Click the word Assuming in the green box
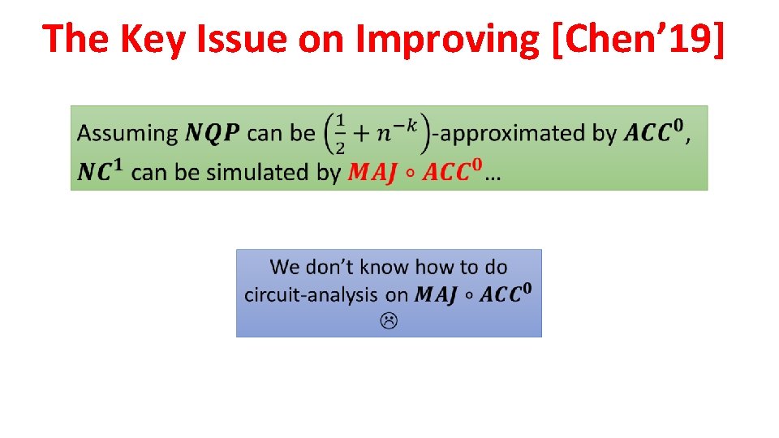128,134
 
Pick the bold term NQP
213,134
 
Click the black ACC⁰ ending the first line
653,132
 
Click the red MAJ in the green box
372,173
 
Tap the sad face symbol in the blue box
389,322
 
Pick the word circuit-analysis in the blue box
312,294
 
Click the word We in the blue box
285,267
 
